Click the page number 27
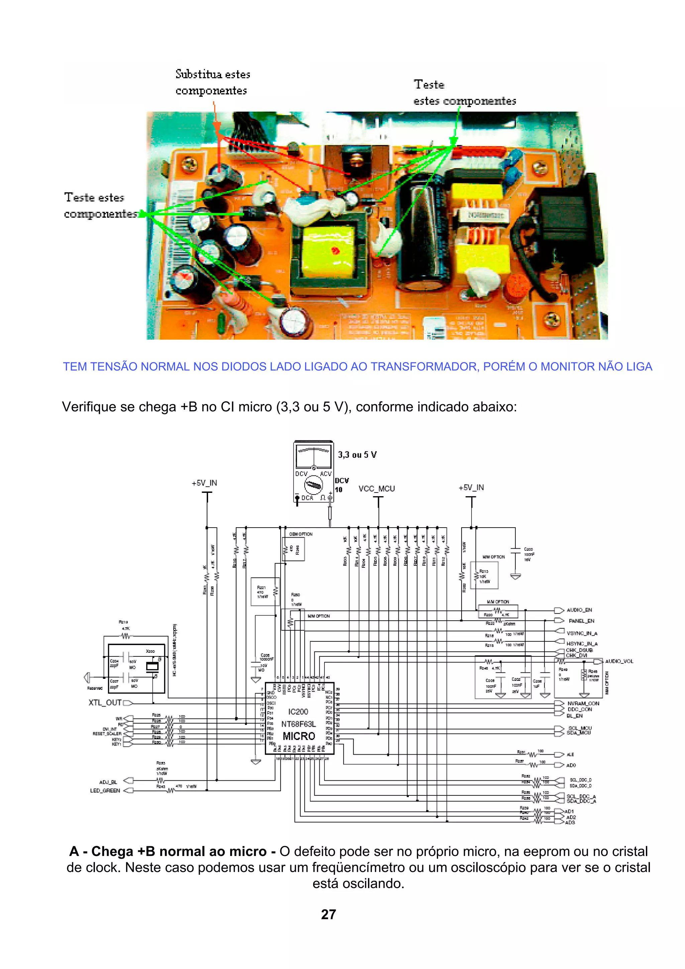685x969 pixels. pos(328,914)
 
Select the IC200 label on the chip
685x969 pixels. pos(298,712)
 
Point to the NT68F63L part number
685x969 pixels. pos(298,724)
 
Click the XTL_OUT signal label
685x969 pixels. pos(105,703)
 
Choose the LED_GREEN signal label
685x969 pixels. pos(105,790)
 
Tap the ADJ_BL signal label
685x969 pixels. pos(108,782)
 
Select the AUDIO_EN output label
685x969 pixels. pos(579,610)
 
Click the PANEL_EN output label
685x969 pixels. pos(581,621)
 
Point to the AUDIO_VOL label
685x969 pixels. pos(619,661)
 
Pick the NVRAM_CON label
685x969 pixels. pos(583,704)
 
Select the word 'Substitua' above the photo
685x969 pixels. pos(195,74)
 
